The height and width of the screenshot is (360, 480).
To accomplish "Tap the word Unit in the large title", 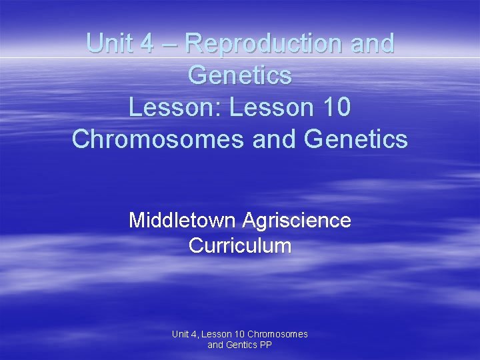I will (111, 43).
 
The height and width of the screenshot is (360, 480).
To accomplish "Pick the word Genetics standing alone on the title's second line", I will (240, 75).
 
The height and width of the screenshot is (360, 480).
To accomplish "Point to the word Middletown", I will (185, 220).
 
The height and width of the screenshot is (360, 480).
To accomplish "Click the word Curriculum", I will (240, 245).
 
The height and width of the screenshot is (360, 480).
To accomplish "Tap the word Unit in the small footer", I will (181, 334).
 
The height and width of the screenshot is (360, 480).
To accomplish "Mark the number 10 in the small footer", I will (239, 334).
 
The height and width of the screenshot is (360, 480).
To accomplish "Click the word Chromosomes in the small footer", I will (277, 334).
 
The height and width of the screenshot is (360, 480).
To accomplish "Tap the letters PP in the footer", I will (266, 345).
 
